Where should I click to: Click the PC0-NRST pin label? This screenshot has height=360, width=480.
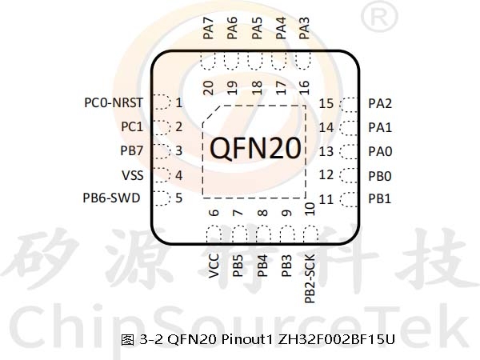(x=114, y=103)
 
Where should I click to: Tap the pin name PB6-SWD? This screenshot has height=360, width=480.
(x=111, y=198)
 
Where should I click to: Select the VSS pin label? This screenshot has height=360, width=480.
(x=133, y=175)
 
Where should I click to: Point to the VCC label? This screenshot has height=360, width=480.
(x=214, y=266)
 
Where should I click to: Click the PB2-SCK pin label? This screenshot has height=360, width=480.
(x=310, y=278)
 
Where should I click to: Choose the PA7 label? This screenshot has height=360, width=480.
(x=208, y=28)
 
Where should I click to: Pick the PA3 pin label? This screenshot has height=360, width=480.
(x=304, y=28)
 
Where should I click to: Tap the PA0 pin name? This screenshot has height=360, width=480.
(x=380, y=151)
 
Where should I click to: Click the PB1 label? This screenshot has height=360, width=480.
(x=380, y=199)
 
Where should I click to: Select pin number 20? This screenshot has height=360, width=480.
(x=208, y=88)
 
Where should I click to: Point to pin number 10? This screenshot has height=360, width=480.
(x=310, y=209)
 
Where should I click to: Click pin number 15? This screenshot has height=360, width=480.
(x=326, y=104)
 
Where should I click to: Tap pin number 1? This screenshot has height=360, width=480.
(x=179, y=102)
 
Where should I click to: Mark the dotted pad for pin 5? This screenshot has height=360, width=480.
(x=161, y=198)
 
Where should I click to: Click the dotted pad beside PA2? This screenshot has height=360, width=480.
(x=349, y=105)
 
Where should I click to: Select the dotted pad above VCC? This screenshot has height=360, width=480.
(x=214, y=234)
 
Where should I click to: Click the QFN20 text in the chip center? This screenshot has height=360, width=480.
(x=255, y=148)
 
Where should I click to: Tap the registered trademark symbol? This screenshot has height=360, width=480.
(x=379, y=17)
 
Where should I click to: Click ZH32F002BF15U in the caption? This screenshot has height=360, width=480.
(x=336, y=339)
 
